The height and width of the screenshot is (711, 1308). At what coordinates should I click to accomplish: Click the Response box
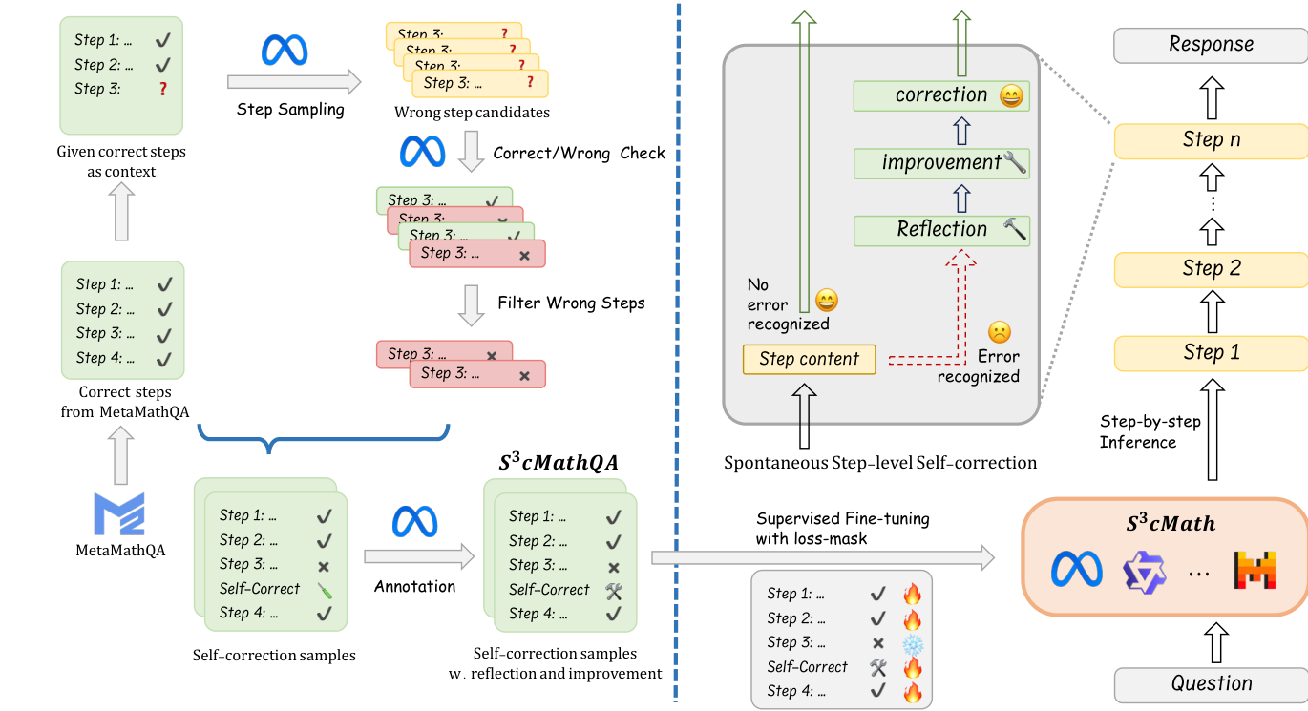point(1211,45)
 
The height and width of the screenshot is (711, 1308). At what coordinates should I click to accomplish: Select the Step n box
point(1211,140)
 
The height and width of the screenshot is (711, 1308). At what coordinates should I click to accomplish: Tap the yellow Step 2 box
point(1211,269)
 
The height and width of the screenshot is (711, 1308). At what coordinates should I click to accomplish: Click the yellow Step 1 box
point(1211,353)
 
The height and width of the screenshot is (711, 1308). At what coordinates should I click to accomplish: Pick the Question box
point(1211,684)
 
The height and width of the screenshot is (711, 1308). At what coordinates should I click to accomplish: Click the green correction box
point(941,95)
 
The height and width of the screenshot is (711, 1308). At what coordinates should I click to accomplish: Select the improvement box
point(941,163)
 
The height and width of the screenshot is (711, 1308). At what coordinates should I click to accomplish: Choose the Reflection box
point(941,230)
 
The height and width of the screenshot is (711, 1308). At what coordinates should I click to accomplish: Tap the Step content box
point(809,360)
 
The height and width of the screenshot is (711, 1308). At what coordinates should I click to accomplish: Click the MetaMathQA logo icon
point(118,514)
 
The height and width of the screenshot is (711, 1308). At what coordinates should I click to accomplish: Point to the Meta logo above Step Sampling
point(285,50)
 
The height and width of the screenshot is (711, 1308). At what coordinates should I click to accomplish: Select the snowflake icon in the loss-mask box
point(913,643)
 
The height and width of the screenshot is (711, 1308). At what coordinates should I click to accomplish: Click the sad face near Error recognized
point(999,332)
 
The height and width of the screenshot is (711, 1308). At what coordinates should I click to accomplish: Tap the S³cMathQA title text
point(559,462)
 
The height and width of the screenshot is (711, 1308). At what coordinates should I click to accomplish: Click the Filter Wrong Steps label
point(571,303)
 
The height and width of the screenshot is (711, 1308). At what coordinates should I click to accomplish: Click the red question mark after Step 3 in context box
point(163,89)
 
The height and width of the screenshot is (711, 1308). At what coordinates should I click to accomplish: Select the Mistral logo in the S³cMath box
point(1254,570)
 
